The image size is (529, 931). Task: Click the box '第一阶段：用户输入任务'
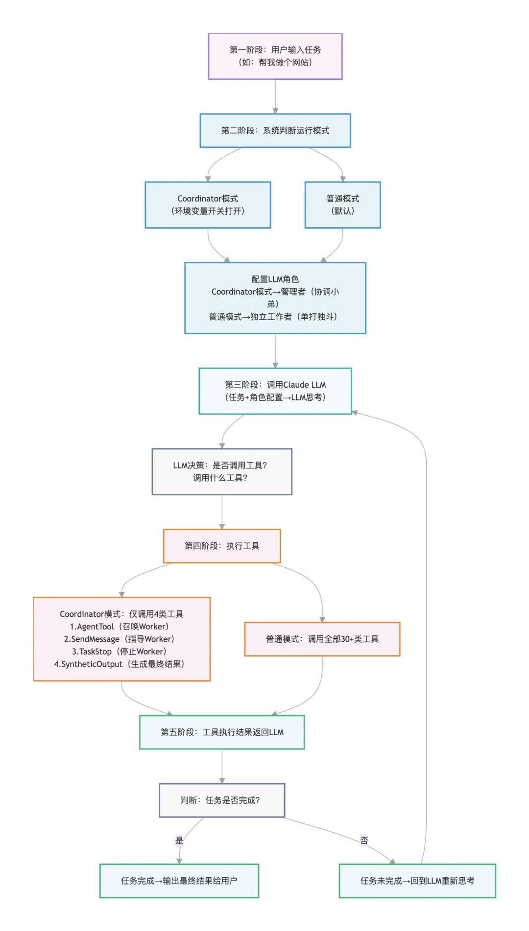(275, 56)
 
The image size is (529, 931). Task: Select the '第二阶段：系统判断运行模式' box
(275, 131)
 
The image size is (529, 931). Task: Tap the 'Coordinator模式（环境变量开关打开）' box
(208, 205)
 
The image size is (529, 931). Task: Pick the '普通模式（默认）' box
(343, 205)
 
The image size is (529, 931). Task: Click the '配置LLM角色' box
(275, 279)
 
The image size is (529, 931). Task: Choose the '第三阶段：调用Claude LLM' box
(275, 391)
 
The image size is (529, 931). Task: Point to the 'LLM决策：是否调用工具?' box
(222, 471)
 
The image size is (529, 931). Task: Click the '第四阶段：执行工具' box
(222, 546)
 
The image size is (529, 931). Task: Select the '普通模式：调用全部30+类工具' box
(322, 639)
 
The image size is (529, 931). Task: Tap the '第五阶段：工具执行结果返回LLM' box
(222, 732)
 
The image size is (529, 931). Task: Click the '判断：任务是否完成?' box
(222, 800)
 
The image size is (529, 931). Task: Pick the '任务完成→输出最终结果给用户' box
(179, 881)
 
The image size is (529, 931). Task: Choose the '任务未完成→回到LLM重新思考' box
(417, 881)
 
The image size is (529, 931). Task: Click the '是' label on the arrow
(179, 840)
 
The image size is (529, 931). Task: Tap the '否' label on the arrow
(364, 840)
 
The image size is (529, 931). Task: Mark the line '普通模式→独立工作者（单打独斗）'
(273, 317)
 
